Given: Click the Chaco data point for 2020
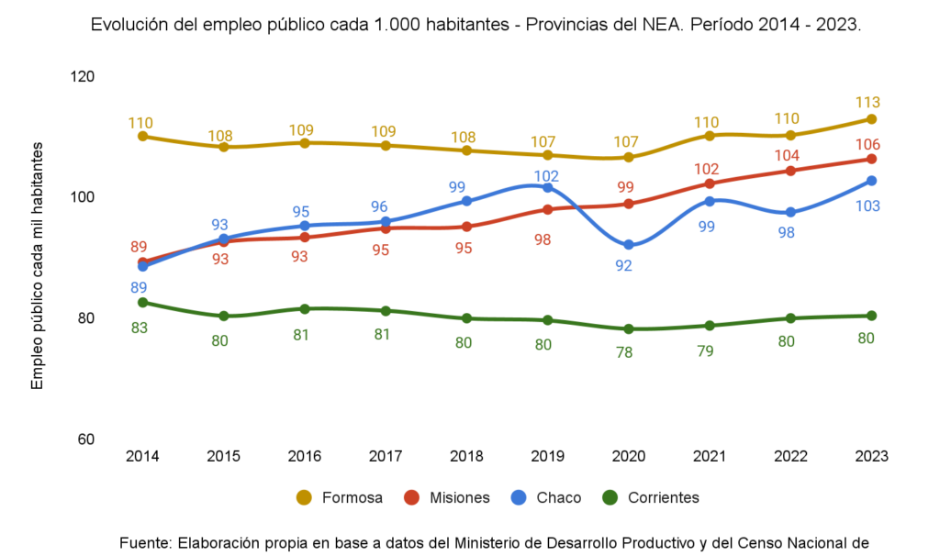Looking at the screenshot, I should (629, 245).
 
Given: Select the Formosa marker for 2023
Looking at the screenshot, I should (871, 119).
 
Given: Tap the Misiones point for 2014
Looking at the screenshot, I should (143, 261).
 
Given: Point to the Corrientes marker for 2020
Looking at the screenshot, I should (629, 328).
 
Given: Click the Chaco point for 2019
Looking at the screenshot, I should (548, 187).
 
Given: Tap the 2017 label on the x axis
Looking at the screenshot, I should (386, 455).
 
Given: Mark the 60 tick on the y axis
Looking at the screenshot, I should (85, 439).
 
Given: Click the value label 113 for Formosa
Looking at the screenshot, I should (867, 102).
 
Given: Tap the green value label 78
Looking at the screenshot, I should (624, 351).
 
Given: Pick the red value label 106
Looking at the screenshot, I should (867, 144).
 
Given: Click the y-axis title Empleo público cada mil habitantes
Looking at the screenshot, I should (38, 266).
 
